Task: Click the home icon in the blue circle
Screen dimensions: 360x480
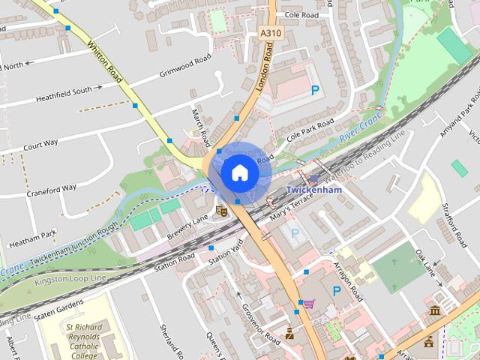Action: click(239, 172)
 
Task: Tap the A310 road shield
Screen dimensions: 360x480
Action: click(270, 34)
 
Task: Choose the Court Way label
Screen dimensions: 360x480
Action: click(40, 143)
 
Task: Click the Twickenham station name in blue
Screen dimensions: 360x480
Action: click(314, 190)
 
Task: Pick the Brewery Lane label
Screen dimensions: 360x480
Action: click(187, 228)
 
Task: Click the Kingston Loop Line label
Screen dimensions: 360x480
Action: click(70, 279)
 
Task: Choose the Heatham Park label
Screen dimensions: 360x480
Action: click(33, 238)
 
